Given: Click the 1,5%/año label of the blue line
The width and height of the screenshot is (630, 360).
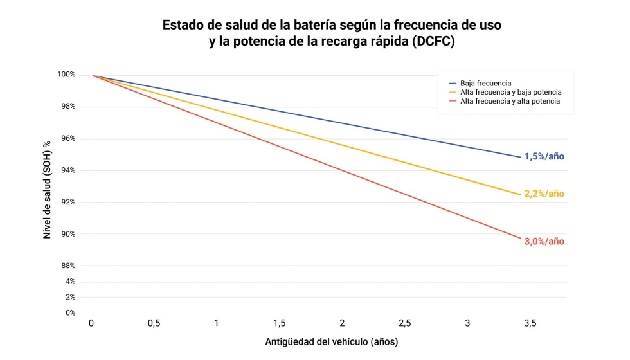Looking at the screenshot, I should click(544, 156).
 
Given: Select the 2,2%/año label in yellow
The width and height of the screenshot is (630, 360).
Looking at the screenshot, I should click(544, 194).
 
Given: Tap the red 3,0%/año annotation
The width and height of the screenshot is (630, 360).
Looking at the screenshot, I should click(544, 242).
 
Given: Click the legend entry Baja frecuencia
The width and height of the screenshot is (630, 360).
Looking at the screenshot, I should click(485, 83).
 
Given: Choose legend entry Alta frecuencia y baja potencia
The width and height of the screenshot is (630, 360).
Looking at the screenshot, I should click(510, 92).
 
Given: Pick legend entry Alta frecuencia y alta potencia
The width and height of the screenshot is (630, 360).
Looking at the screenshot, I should click(510, 101).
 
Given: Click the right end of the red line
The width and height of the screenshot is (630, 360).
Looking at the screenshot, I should click(520, 238).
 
